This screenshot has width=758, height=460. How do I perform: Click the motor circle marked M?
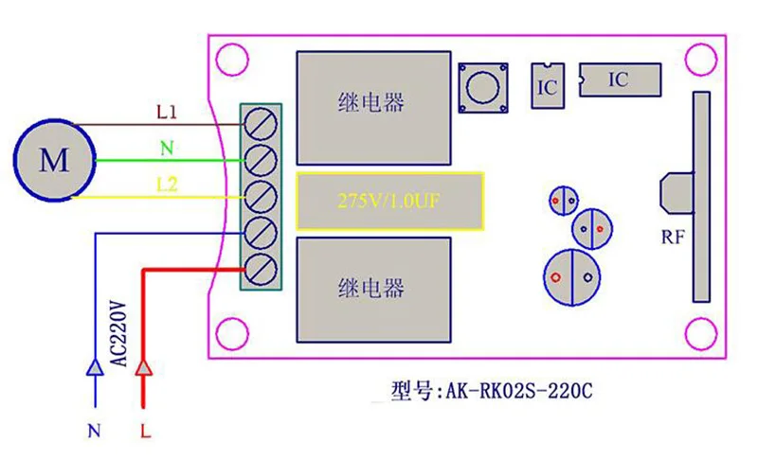pyautogui.click(x=54, y=159)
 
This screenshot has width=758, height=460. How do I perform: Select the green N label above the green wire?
pyautogui.click(x=167, y=148)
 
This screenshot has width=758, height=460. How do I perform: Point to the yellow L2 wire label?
pyautogui.click(x=167, y=182)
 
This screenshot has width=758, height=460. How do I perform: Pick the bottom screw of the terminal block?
pyautogui.click(x=261, y=267)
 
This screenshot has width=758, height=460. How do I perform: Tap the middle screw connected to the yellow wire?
pyautogui.click(x=261, y=196)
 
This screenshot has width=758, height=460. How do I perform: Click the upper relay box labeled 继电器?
pyautogui.click(x=371, y=102)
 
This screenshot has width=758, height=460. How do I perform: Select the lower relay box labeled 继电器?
pyautogui.click(x=371, y=288)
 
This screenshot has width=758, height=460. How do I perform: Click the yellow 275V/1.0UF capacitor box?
pyautogui.click(x=389, y=200)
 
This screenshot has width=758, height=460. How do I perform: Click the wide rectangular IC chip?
pyautogui.click(x=618, y=80)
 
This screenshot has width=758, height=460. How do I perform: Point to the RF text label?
pyautogui.click(x=673, y=239)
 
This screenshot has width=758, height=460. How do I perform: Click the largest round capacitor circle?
pyautogui.click(x=572, y=276)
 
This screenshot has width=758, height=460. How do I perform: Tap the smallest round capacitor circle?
pyautogui.click(x=563, y=200)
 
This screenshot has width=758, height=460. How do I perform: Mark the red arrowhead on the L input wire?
pyautogui.click(x=144, y=366)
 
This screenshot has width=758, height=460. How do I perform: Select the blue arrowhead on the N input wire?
pyautogui.click(x=94, y=366)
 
